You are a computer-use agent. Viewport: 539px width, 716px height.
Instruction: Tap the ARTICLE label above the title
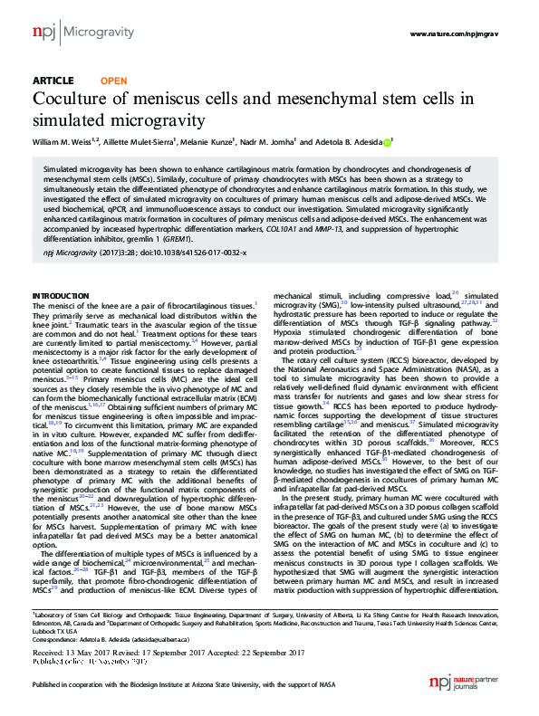click(x=53, y=81)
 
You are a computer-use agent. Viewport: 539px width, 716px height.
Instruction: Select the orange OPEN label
click(x=113, y=81)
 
